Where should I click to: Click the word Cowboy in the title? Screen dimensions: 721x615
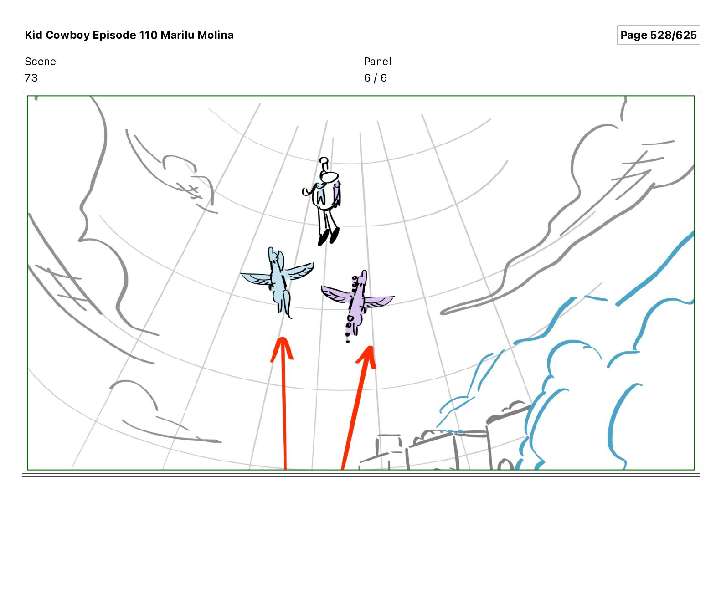[68, 35]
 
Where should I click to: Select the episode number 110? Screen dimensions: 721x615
[148, 35]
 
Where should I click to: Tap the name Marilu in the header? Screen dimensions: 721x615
[177, 35]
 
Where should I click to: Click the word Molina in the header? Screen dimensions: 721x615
[216, 35]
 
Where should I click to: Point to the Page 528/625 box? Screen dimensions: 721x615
[659, 35]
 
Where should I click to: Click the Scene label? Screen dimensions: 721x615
[40, 61]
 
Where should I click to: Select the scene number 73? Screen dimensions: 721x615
[31, 78]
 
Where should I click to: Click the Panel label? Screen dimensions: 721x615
[377, 61]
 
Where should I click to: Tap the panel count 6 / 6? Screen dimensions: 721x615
[375, 78]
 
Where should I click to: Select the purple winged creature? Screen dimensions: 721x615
[356, 301]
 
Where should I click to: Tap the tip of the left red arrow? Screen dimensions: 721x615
[283, 338]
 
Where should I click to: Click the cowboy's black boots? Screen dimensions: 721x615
[329, 236]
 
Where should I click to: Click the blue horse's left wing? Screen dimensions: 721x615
[256, 278]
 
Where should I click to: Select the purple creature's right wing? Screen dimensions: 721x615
[378, 301]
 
